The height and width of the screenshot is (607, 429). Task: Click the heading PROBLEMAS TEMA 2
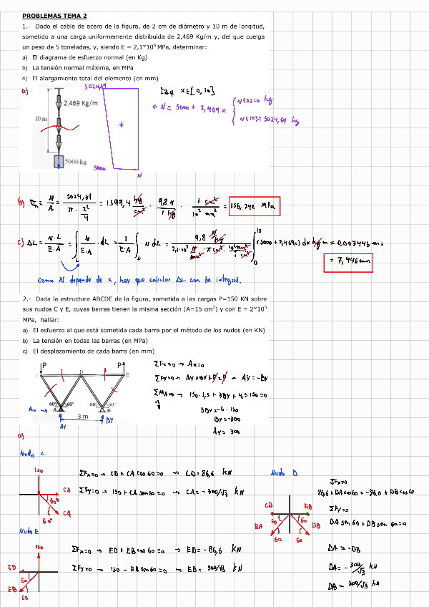pyautogui.click(x=54, y=15)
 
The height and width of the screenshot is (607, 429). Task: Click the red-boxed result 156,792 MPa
pyautogui.click(x=254, y=207)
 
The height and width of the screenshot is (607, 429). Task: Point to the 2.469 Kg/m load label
pyautogui.click(x=81, y=103)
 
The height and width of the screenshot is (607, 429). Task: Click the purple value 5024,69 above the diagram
pyautogui.click(x=95, y=87)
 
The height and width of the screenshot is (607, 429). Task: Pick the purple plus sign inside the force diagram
pyautogui.click(x=122, y=125)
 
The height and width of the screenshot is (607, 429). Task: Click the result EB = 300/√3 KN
pyautogui.click(x=219, y=568)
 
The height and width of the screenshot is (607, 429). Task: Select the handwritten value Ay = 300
pyautogui.click(x=227, y=432)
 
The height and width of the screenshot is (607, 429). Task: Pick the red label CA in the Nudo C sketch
pyautogui.click(x=68, y=513)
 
